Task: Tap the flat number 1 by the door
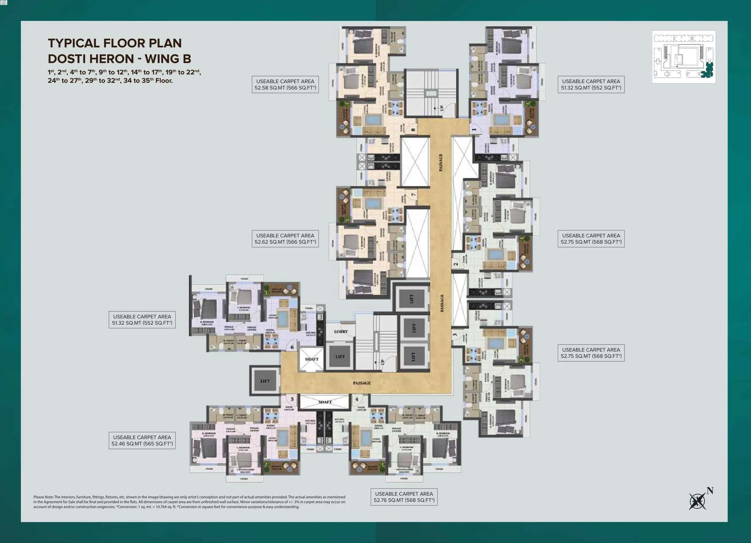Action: [x=474, y=130]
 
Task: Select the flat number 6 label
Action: [x=292, y=347]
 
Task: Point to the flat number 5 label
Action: [x=292, y=399]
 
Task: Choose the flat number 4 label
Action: [x=357, y=399]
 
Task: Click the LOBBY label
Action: [x=341, y=331]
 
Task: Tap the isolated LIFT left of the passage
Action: [x=265, y=381]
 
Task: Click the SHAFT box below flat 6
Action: [x=311, y=359]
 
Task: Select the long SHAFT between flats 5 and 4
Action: [x=325, y=402]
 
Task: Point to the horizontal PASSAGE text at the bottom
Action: [x=362, y=383]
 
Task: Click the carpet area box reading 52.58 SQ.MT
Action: [x=285, y=84]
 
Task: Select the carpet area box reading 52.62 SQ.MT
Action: [x=285, y=239]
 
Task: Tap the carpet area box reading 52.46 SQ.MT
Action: [x=142, y=440]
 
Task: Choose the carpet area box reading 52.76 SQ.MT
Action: [x=404, y=497]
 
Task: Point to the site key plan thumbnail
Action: [x=683, y=57]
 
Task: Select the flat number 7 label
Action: [x=413, y=195]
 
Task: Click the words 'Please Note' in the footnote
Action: [x=43, y=497]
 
